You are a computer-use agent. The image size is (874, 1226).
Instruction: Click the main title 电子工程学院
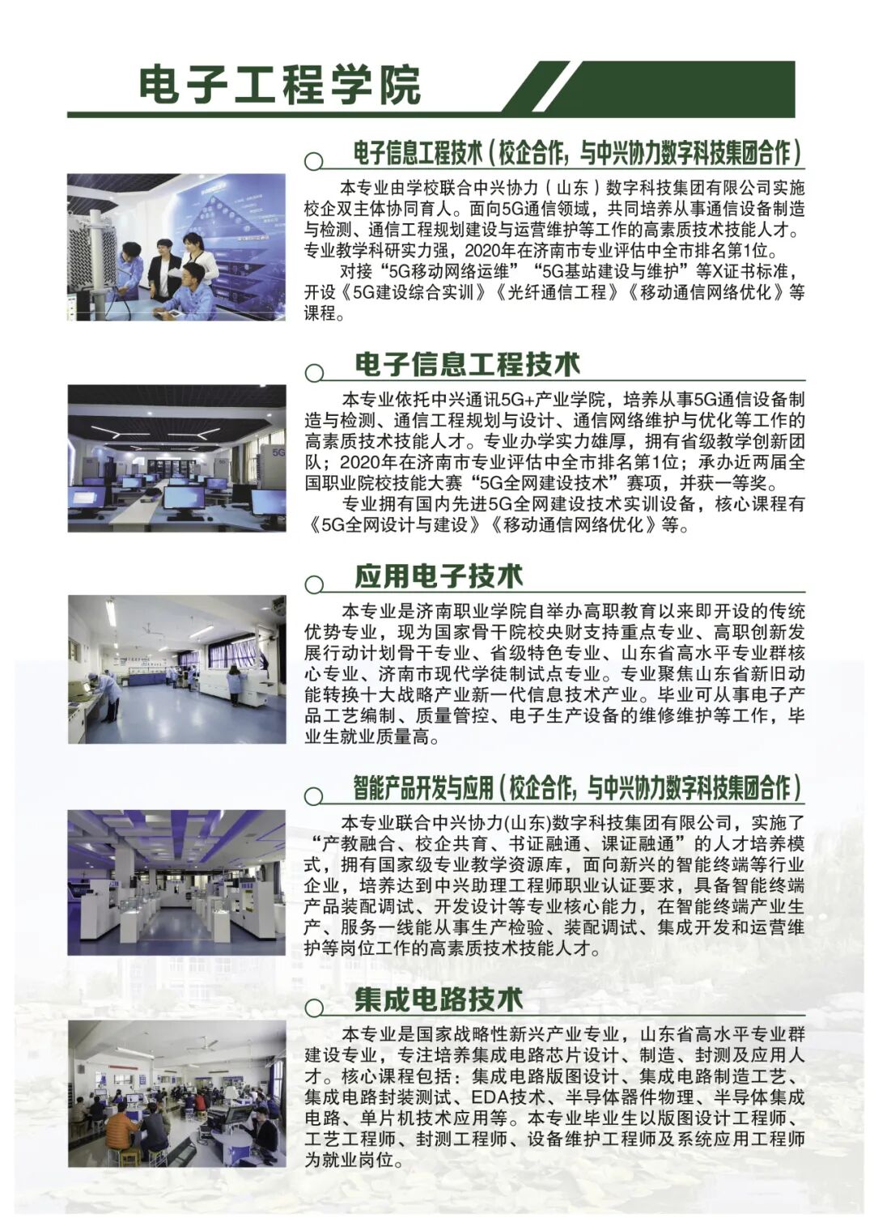coord(280,85)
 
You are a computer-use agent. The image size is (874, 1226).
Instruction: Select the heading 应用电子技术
coord(439,576)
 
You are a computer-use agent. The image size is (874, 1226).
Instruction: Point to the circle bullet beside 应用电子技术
coord(314,584)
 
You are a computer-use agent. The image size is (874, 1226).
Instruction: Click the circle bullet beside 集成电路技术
coord(314,1008)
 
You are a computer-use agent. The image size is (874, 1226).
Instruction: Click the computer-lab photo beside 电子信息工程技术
coord(176,458)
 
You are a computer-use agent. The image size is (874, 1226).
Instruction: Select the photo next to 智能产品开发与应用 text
coord(176,882)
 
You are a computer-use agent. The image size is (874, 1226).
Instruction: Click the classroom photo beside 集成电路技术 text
coord(176,1093)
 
